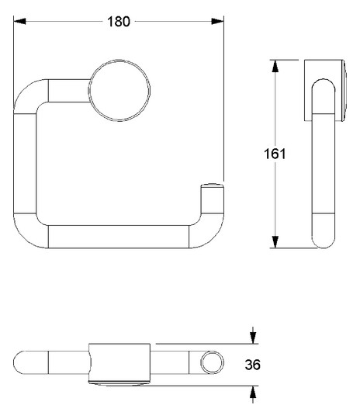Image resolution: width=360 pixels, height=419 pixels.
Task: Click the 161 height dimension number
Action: click(x=275, y=154)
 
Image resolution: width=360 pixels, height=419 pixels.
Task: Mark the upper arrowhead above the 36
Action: click(x=253, y=338)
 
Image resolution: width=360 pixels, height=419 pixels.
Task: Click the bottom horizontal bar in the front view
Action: click(x=116, y=236)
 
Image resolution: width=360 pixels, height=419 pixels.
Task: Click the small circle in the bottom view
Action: click(x=210, y=362)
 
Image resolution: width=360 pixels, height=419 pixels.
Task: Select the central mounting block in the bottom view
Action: click(x=119, y=362)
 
